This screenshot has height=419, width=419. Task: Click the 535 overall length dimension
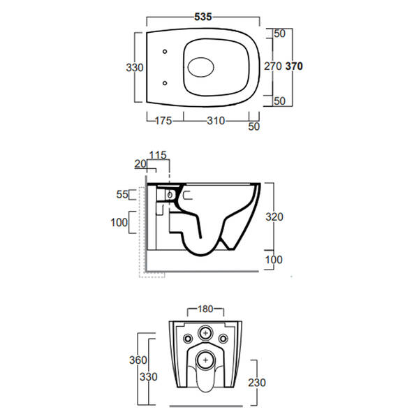coord(203,17)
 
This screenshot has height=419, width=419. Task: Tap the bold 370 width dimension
coord(294,66)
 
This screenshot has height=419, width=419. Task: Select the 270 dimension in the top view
coord(273,66)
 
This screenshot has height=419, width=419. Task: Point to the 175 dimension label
coord(163,121)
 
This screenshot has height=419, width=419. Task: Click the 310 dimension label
coord(216,121)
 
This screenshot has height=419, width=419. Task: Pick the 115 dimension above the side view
coord(158,155)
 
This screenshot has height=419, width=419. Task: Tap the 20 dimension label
coord(140,164)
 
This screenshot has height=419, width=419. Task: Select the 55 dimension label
coord(122,194)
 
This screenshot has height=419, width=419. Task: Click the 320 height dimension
coord(274,216)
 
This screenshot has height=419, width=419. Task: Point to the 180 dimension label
coord(205,309)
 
